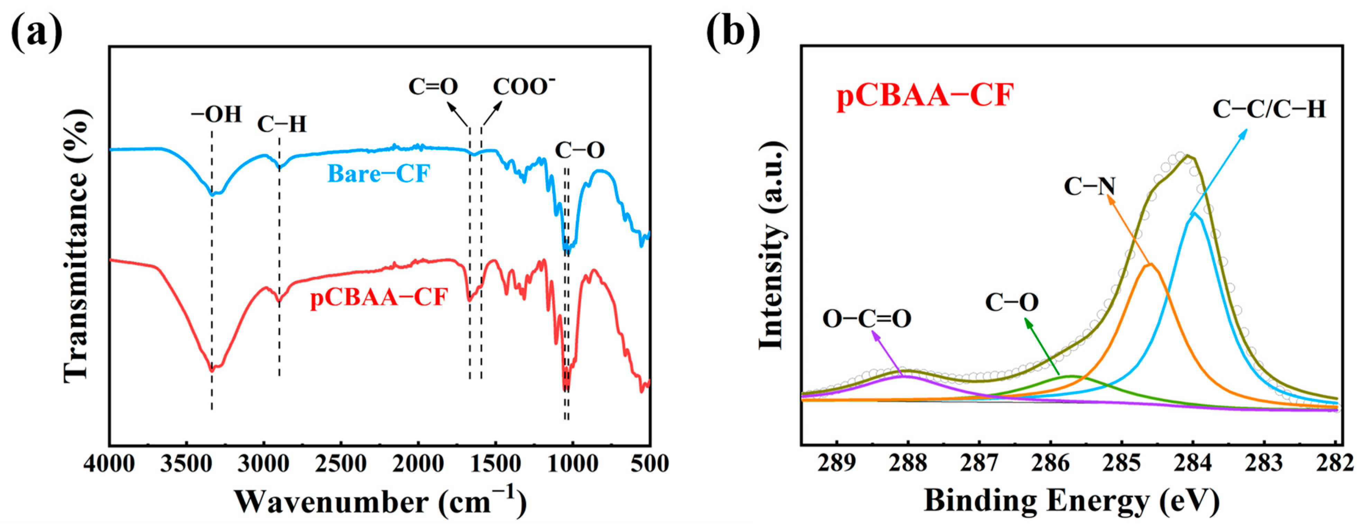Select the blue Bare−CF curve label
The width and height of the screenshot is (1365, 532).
378,174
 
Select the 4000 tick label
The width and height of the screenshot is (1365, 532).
110,464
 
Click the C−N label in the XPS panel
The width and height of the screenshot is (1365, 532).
1090,187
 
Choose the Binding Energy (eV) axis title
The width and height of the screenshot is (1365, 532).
1072,500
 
